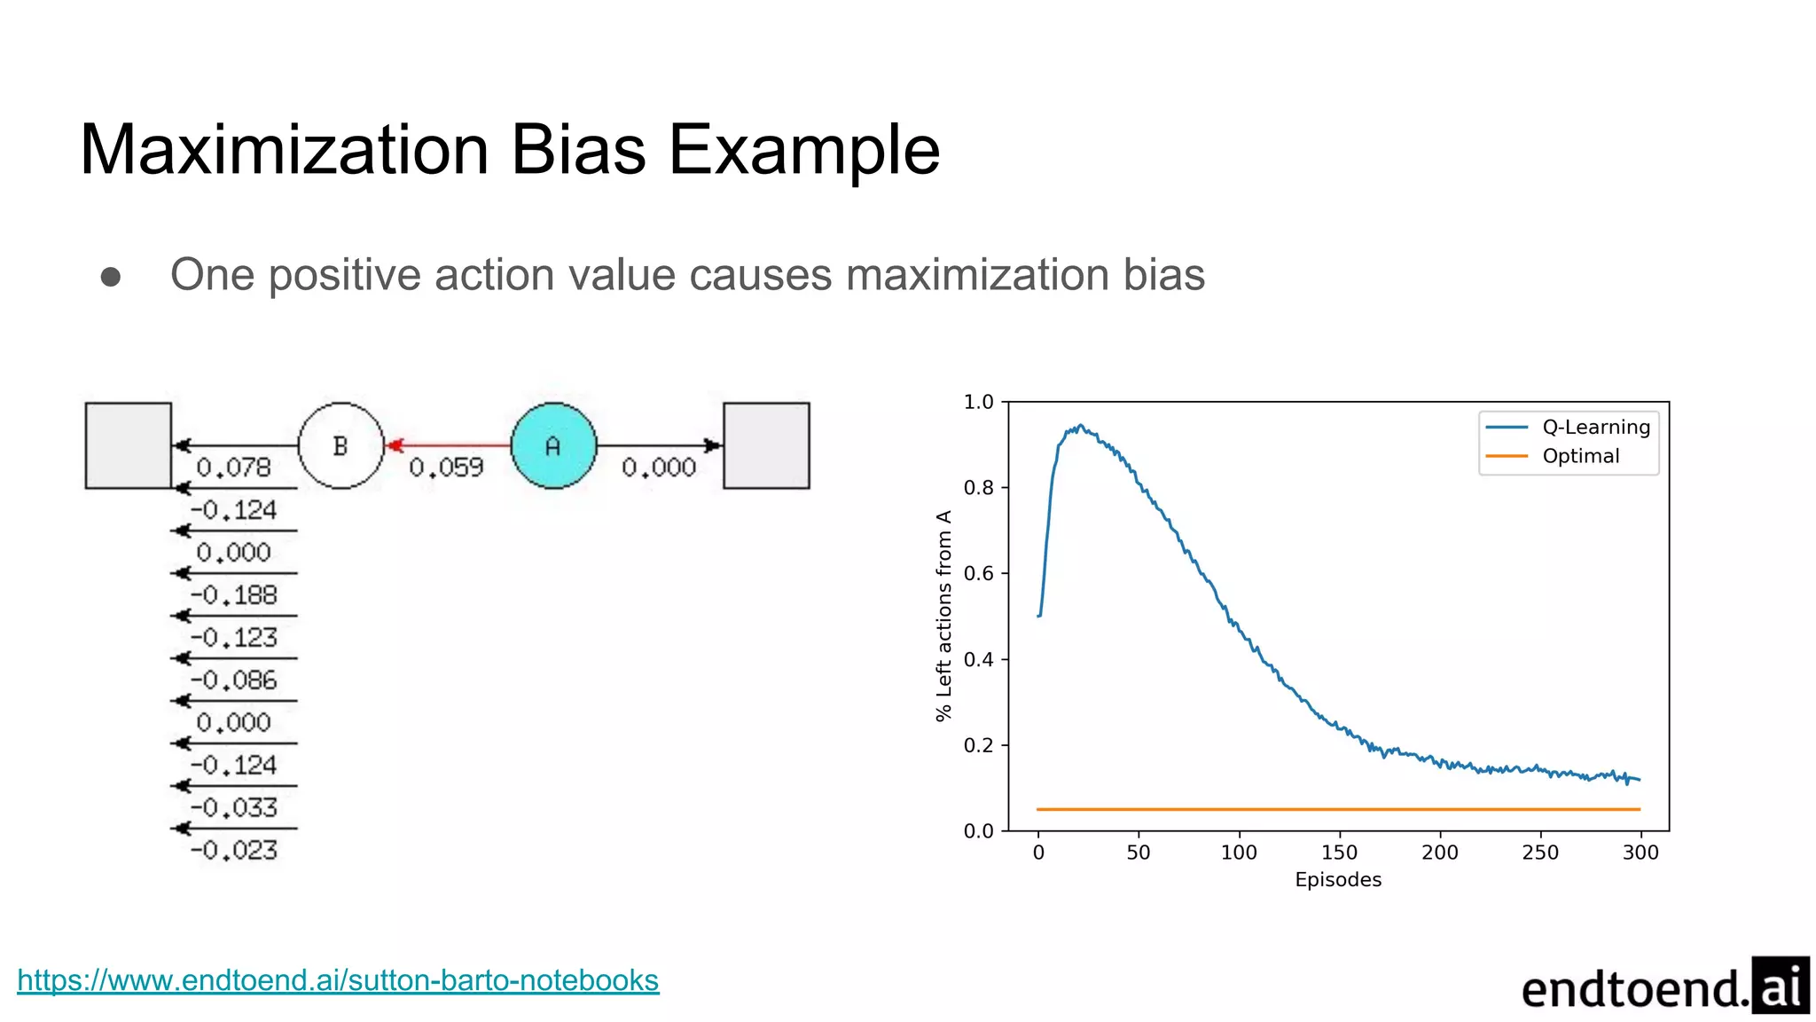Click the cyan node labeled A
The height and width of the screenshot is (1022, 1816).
coord(553,445)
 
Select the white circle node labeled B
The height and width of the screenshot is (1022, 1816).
coord(340,445)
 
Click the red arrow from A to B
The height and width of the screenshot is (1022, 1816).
coord(448,444)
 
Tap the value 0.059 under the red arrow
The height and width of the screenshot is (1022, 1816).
coord(446,468)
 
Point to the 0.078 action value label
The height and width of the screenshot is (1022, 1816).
coord(233,468)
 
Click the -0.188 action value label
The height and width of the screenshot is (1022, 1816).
coord(233,595)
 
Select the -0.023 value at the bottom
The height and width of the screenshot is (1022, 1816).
coord(233,851)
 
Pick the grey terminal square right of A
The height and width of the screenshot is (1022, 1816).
coord(766,445)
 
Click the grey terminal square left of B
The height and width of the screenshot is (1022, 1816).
coord(128,445)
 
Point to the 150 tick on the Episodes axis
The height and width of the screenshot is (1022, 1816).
coord(1339,853)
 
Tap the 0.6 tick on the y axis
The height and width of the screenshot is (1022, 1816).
coord(979,573)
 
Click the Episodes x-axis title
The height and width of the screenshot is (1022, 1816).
coord(1338,880)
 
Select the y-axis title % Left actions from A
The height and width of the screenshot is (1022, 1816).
coord(943,616)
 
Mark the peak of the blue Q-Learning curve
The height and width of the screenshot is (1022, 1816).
coord(1080,426)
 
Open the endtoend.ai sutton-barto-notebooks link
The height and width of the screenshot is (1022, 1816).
coord(338,980)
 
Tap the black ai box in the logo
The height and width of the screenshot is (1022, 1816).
coord(1780,986)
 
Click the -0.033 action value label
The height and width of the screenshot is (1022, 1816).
coord(233,808)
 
